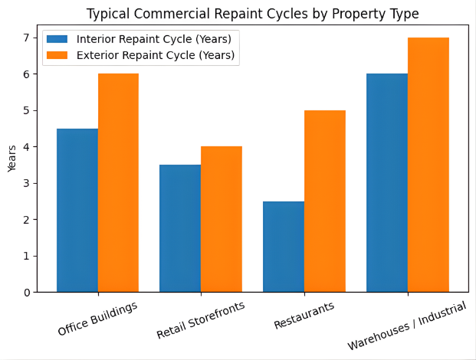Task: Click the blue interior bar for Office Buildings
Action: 77,211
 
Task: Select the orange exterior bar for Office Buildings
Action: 118,183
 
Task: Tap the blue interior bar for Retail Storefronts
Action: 180,228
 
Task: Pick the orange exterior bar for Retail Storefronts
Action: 222,219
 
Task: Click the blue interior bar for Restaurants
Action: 284,247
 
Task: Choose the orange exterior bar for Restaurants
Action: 325,201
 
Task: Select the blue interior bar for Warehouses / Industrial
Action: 387,183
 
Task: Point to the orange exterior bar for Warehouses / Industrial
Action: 428,165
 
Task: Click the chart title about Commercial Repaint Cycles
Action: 252,14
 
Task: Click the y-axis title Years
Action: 11,159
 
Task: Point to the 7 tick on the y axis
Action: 26,38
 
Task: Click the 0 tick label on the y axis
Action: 26,293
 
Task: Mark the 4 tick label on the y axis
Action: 26,147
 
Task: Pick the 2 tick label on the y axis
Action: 26,220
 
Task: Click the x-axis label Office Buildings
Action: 97,319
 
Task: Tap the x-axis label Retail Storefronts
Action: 200,321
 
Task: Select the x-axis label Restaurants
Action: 304,316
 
